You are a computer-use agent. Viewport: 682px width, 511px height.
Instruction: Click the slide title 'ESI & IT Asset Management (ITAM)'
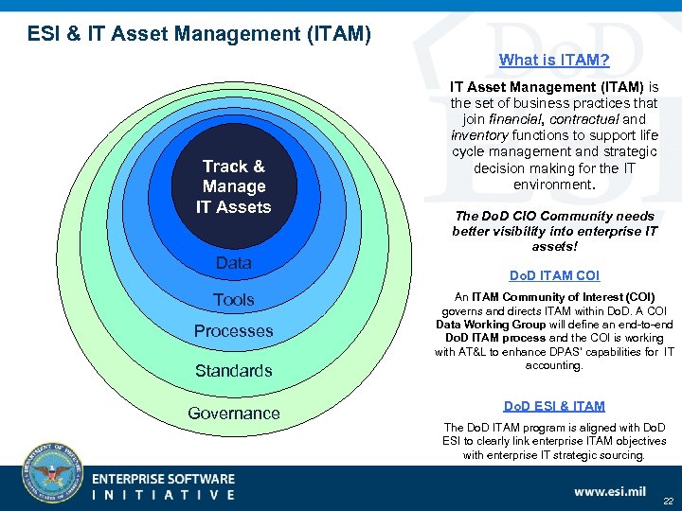click(x=199, y=35)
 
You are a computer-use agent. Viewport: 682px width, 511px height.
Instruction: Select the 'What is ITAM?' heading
click(x=554, y=61)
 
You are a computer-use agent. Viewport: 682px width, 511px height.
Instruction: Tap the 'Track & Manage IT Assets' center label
click(x=233, y=186)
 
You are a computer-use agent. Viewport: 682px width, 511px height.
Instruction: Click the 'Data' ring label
click(x=233, y=263)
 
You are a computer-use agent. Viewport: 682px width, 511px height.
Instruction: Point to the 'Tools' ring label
click(x=233, y=300)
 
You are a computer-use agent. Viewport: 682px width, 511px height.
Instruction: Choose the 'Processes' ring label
click(x=233, y=331)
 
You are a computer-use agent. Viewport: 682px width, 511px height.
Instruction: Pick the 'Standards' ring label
click(x=233, y=371)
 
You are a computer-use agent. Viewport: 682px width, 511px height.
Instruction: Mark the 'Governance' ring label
click(x=233, y=414)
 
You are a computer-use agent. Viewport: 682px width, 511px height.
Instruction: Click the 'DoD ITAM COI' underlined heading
click(x=554, y=276)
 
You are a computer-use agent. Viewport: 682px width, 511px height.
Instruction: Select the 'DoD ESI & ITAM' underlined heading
click(x=554, y=406)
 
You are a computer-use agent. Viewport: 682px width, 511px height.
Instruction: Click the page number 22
click(x=668, y=502)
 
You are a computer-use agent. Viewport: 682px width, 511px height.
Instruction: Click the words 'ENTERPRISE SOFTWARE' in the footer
click(x=163, y=479)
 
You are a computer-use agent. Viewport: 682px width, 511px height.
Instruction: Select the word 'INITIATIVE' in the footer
click(x=163, y=495)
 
